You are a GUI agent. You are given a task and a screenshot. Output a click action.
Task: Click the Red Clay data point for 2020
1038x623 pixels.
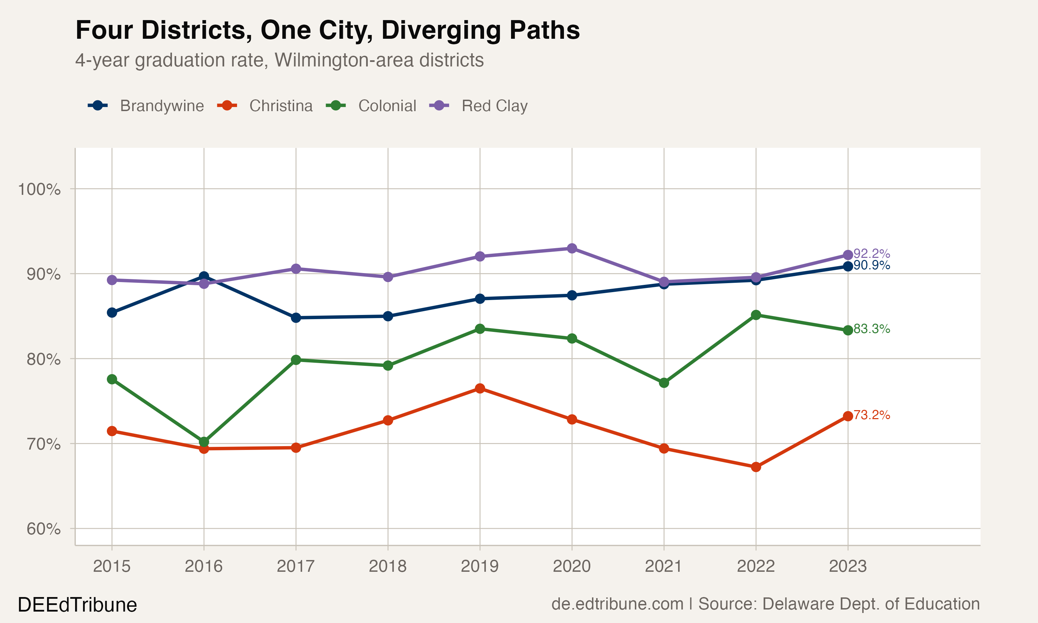point(572,248)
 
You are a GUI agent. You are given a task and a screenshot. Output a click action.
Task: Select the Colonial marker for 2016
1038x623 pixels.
point(204,442)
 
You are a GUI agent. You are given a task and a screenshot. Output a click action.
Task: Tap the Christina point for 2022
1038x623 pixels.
point(756,467)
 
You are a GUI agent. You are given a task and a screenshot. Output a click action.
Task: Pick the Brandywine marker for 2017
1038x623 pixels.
point(296,318)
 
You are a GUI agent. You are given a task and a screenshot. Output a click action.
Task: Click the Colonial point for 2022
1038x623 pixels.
point(756,315)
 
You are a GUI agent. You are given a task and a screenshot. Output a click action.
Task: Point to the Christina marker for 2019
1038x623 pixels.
point(480,388)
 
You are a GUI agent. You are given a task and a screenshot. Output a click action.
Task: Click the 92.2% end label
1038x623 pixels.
point(872,254)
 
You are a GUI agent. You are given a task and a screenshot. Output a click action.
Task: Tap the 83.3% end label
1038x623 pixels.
point(872,329)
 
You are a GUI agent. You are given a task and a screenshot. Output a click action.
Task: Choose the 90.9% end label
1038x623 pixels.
point(872,265)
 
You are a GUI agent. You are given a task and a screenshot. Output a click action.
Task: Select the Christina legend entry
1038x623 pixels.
point(265,106)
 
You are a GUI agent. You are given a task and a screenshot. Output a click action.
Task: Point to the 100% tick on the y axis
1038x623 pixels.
point(39,189)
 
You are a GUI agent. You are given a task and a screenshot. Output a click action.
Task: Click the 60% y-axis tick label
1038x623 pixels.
point(43,529)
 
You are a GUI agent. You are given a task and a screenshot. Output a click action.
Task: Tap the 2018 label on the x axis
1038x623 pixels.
point(387,566)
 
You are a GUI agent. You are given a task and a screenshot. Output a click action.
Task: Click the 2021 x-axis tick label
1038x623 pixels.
point(663,566)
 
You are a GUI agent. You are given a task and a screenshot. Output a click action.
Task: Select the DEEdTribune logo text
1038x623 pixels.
point(77,605)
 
